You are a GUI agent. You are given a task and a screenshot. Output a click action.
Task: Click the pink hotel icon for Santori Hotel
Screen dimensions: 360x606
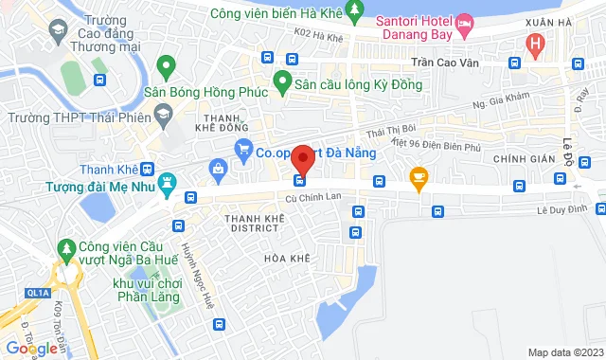click(x=465, y=22)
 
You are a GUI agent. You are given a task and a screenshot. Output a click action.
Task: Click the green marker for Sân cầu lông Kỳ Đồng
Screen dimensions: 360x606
click(x=280, y=81)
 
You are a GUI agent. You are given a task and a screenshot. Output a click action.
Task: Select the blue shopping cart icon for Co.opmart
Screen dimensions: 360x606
click(x=243, y=150)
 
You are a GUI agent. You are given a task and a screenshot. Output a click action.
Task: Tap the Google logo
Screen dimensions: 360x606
click(x=30, y=348)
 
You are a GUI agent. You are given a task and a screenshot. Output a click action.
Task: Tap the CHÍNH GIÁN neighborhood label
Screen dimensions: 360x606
click(x=523, y=157)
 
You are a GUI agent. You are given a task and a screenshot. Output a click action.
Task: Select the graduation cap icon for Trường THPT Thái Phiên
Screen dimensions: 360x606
click(x=164, y=115)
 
